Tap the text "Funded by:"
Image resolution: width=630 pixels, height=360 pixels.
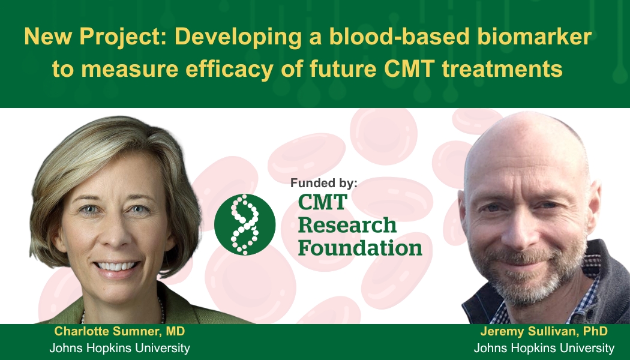(323, 183)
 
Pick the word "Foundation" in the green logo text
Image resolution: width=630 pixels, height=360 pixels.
(360, 247)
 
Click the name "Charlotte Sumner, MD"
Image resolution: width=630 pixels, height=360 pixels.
(119, 331)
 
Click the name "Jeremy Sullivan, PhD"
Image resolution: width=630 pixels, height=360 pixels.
(544, 331)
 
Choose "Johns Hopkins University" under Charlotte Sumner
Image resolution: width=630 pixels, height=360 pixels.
(119, 348)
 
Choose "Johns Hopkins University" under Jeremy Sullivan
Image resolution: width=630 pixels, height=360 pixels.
(544, 348)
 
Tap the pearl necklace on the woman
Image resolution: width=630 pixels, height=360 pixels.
(161, 310)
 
